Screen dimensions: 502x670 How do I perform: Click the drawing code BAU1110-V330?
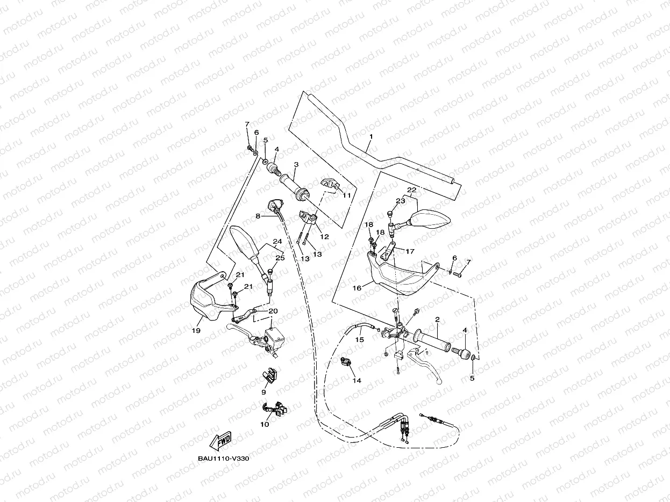[223, 459]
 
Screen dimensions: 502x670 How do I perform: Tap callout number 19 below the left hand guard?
[196, 331]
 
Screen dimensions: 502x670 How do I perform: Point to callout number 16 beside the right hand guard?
[357, 288]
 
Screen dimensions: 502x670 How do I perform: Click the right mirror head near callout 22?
[431, 219]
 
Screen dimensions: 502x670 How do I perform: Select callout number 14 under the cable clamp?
[357, 380]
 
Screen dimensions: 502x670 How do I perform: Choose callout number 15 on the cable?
[359, 339]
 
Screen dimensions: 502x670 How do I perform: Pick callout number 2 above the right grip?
[438, 319]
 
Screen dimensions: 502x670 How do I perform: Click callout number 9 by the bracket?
[263, 392]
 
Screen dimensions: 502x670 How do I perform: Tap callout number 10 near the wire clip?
[265, 424]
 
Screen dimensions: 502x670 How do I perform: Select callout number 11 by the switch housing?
[346, 196]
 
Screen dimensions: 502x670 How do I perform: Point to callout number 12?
[324, 237]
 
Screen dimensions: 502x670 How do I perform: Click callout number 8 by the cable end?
[258, 216]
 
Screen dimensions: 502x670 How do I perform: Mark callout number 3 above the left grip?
[296, 164]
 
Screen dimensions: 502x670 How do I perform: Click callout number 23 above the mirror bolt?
[400, 201]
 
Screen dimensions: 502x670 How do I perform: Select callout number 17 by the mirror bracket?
[410, 251]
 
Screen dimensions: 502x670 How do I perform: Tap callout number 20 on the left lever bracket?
[273, 311]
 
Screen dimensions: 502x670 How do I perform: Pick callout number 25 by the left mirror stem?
[280, 258]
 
